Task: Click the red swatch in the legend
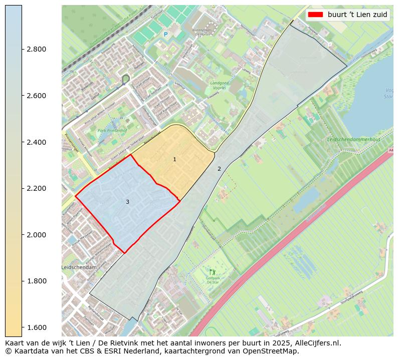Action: click(x=316, y=15)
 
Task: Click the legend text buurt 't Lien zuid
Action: click(x=357, y=15)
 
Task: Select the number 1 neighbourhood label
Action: click(x=174, y=159)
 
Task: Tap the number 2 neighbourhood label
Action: click(x=219, y=169)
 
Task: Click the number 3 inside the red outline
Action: click(x=127, y=202)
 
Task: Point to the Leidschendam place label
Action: click(x=79, y=268)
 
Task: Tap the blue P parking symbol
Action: click(x=165, y=35)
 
